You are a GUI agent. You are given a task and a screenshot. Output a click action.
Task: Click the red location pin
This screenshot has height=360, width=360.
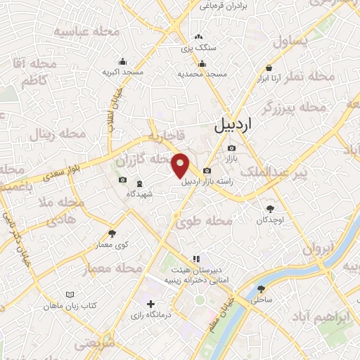tap(181, 165)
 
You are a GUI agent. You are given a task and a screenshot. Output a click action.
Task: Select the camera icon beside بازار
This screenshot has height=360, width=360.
tap(231, 148)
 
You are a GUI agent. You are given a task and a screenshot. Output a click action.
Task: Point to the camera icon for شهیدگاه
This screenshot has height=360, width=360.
tap(123, 180)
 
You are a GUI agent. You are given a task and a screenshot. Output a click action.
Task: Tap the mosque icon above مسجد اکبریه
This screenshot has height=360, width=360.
tap(123, 61)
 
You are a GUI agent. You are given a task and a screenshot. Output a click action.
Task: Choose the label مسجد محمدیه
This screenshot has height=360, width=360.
tap(202, 74)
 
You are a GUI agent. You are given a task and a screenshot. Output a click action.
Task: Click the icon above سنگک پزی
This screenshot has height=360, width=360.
tap(198, 37)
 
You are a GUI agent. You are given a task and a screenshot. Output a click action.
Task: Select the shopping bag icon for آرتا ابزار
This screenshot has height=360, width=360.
tap(269, 68)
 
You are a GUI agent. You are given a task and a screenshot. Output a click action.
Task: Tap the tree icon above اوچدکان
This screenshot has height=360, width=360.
tap(271, 208)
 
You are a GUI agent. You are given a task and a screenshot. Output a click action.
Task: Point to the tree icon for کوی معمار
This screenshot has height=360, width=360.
tap(111, 233)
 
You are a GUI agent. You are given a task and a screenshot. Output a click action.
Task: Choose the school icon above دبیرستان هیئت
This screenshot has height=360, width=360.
tap(197, 257)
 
